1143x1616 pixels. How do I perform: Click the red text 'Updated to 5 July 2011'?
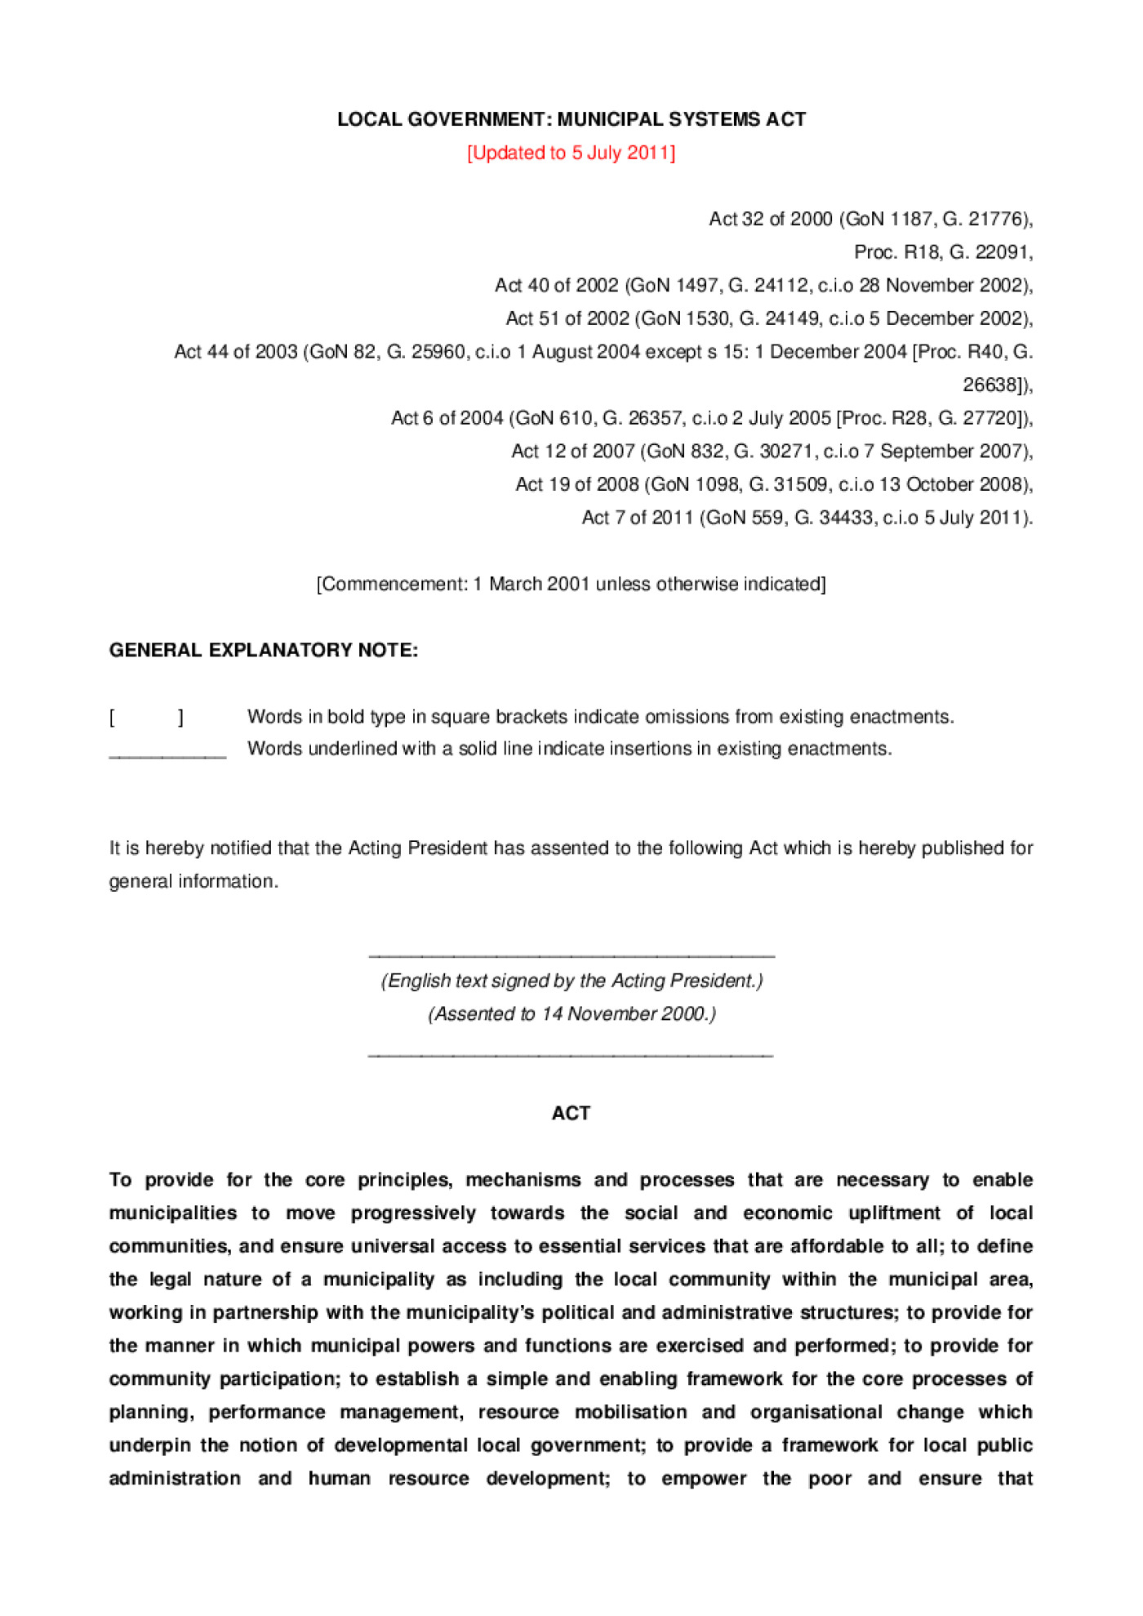[571, 153]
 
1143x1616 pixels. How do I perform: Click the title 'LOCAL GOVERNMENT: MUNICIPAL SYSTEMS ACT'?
[571, 119]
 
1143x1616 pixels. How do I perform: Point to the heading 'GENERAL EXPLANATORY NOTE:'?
[264, 650]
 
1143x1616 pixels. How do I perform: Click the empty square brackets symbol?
[147, 717]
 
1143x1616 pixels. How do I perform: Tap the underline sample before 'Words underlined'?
[167, 757]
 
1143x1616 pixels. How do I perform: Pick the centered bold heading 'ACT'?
[571, 1114]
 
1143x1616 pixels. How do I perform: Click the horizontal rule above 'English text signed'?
[571, 955]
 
